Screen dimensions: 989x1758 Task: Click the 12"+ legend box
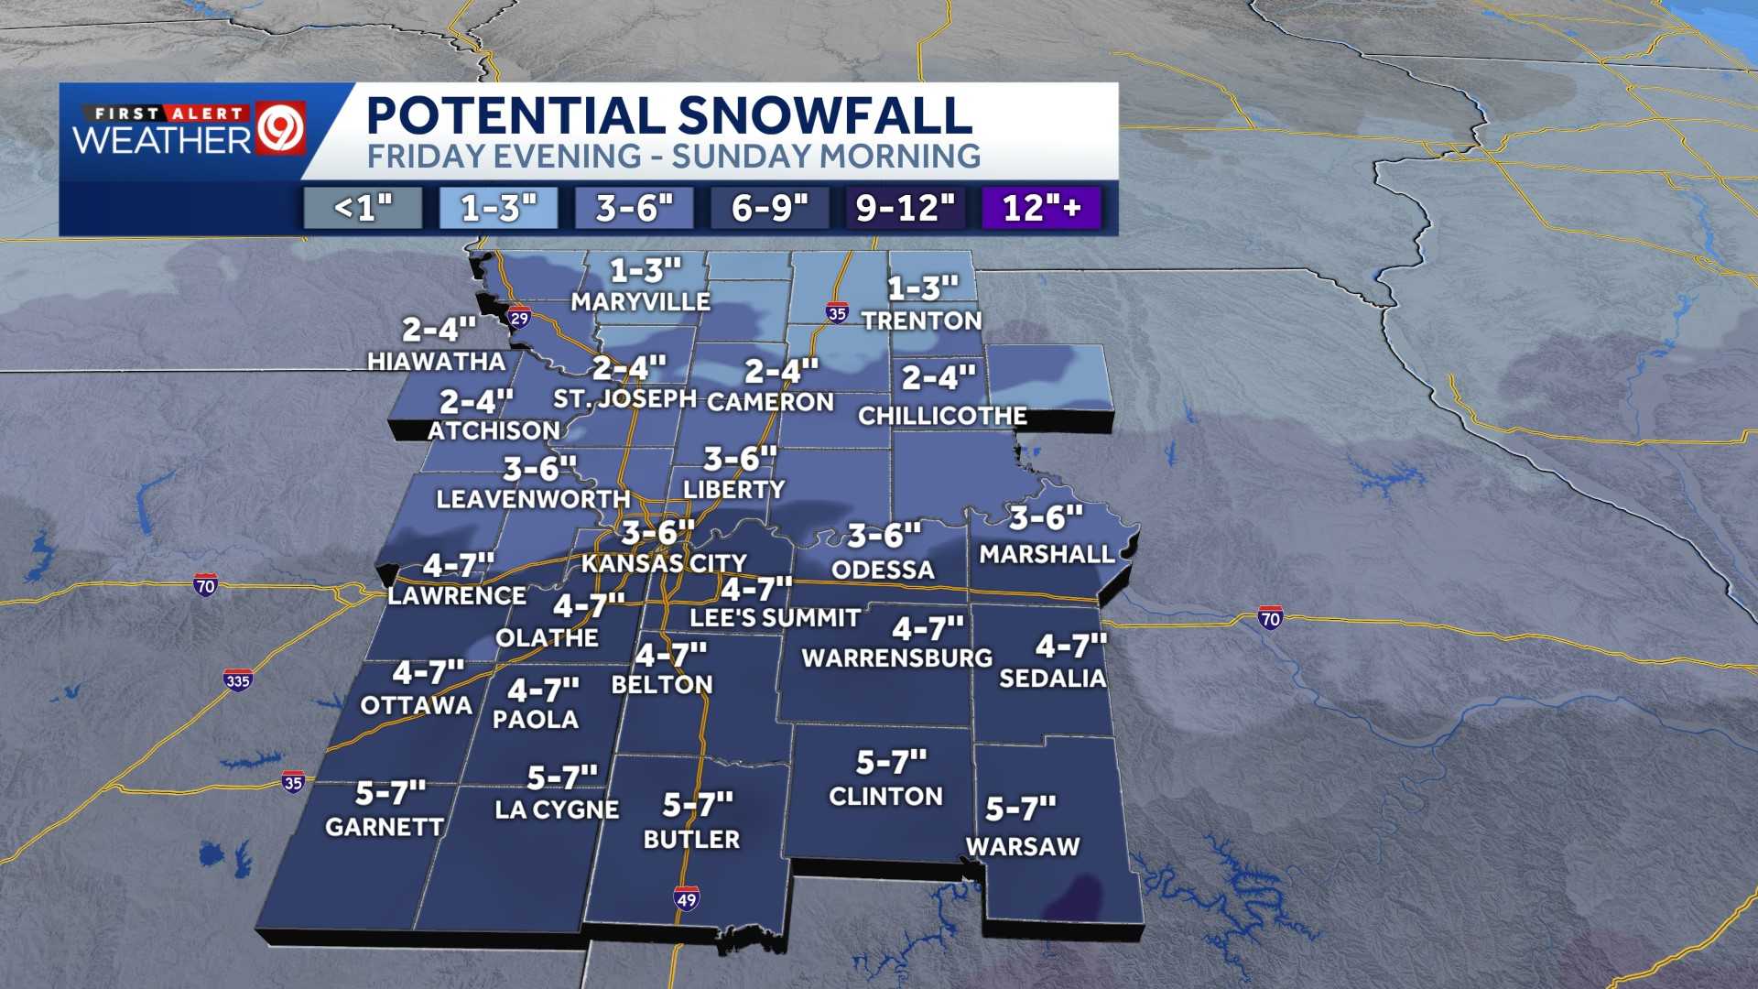pyautogui.click(x=1041, y=208)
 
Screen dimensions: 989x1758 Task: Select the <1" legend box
pyautogui.click(x=364, y=208)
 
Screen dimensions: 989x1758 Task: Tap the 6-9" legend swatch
pyautogui.click(x=770, y=208)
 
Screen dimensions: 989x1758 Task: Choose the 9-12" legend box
pyautogui.click(x=905, y=208)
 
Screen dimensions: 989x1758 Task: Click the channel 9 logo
pyautogui.click(x=281, y=130)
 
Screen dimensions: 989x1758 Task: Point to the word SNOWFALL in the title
pyautogui.click(x=824, y=115)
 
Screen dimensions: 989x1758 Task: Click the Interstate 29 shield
pyautogui.click(x=519, y=318)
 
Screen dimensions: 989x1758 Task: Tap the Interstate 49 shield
pyautogui.click(x=687, y=898)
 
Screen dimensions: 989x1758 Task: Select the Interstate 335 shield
pyautogui.click(x=237, y=680)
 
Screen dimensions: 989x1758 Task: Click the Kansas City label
pyautogui.click(x=664, y=563)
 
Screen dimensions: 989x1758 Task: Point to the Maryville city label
pyautogui.click(x=641, y=301)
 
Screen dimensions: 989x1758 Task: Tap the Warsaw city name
pyautogui.click(x=1023, y=846)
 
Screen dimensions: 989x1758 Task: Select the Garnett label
pyautogui.click(x=385, y=827)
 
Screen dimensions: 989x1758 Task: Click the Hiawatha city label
pyautogui.click(x=437, y=362)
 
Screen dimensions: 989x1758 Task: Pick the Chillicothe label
pyautogui.click(x=942, y=416)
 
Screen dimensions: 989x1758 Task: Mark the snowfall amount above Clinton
pyautogui.click(x=891, y=762)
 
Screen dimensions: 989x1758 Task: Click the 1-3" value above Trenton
pyautogui.click(x=923, y=288)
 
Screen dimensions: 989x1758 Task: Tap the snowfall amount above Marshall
pyautogui.click(x=1046, y=518)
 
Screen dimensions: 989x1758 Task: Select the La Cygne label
pyautogui.click(x=557, y=810)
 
